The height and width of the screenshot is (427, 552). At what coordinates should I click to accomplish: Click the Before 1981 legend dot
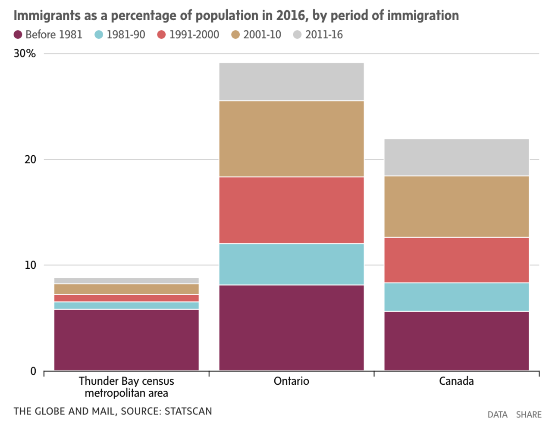click(18, 35)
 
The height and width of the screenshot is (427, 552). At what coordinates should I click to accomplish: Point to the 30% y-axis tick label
click(25, 53)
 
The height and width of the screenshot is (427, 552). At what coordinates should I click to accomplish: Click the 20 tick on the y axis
click(30, 159)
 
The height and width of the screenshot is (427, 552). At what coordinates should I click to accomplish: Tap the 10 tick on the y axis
click(30, 265)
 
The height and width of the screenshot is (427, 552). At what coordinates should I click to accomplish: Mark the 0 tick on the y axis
click(33, 371)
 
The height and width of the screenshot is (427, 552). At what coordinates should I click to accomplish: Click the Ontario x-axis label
click(292, 381)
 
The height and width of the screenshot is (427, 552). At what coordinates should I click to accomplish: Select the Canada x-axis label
click(456, 381)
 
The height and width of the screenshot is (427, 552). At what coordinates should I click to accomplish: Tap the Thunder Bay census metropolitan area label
click(126, 387)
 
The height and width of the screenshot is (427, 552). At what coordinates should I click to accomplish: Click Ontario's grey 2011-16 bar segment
click(292, 82)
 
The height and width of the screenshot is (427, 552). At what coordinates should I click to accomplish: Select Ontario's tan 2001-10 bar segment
click(292, 138)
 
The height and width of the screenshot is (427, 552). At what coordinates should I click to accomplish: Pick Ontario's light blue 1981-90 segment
click(292, 264)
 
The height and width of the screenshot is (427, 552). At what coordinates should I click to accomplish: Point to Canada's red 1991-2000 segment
click(456, 260)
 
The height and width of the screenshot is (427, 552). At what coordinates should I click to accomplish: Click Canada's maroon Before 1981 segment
click(456, 341)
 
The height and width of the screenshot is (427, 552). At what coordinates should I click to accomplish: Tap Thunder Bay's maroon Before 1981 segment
click(126, 340)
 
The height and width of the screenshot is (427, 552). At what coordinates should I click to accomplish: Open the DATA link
click(497, 414)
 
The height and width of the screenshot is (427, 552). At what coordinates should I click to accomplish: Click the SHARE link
click(529, 414)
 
